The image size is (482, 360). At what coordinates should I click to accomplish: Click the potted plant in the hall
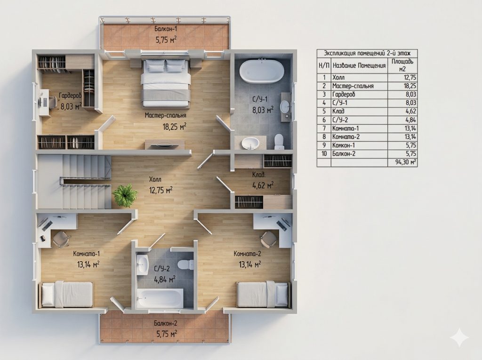(x=124, y=195)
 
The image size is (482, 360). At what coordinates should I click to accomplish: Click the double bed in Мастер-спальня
(x=165, y=83)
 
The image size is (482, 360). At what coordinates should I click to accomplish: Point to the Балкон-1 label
(x=166, y=30)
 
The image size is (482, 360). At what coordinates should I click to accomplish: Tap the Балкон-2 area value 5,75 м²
(x=166, y=334)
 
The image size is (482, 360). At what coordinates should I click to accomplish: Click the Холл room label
(x=155, y=179)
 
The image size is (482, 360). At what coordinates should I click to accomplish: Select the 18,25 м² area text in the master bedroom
(x=174, y=127)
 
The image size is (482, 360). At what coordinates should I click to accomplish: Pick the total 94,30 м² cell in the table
(x=406, y=162)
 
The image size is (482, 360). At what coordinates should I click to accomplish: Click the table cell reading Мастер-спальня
(x=353, y=86)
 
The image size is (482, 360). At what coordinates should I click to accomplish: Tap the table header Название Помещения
(x=359, y=65)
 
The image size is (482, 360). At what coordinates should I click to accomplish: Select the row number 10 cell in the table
(x=324, y=153)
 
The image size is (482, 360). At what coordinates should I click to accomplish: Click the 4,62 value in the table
(x=410, y=111)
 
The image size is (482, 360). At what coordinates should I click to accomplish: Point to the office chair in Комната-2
(x=269, y=238)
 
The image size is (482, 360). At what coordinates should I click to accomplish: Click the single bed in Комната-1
(x=67, y=295)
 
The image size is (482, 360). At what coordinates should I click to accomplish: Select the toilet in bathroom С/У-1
(x=279, y=142)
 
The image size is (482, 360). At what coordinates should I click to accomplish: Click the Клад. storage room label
(x=259, y=175)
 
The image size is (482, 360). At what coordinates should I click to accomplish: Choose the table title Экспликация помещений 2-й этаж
(x=367, y=53)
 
